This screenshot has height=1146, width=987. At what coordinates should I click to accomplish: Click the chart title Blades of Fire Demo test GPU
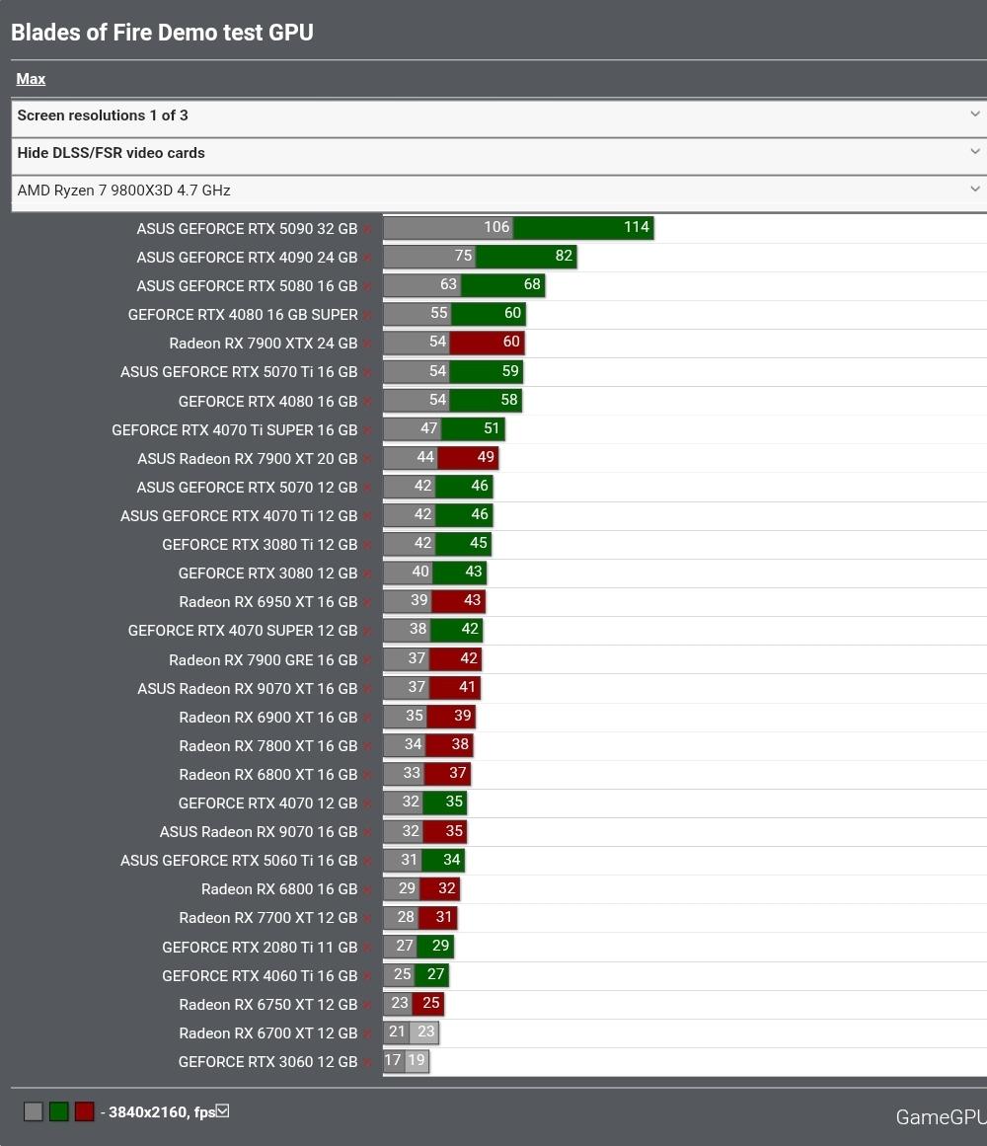pyautogui.click(x=162, y=33)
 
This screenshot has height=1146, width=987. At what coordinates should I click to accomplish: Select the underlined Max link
pyautogui.click(x=31, y=79)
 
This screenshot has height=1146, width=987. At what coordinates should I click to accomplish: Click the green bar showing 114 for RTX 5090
pyautogui.click(x=583, y=228)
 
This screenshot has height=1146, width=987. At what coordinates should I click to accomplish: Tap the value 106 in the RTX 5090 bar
pyautogui.click(x=496, y=228)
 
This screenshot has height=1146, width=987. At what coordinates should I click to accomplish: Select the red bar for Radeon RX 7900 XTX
pyautogui.click(x=488, y=343)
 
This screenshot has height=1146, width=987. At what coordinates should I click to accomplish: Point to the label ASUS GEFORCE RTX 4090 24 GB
pyautogui.click(x=247, y=258)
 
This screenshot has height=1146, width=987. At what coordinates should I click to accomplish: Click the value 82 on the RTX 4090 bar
pyautogui.click(x=564, y=257)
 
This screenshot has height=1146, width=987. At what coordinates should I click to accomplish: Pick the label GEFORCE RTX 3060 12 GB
pyautogui.click(x=267, y=1062)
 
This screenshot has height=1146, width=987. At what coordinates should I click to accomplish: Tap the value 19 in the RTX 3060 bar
pyautogui.click(x=417, y=1061)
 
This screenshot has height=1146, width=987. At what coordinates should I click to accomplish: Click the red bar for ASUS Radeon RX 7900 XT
pyautogui.click(x=468, y=458)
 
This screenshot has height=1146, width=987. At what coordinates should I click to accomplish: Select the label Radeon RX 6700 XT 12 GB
pyautogui.click(x=267, y=1033)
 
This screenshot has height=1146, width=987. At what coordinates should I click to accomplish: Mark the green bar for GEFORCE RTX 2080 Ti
pyautogui.click(x=435, y=947)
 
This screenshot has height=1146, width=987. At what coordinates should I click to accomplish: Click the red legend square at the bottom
pyautogui.click(x=84, y=1112)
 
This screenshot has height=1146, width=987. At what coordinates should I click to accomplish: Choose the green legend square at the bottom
pyautogui.click(x=58, y=1112)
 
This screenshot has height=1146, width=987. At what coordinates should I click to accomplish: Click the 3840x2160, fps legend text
pyautogui.click(x=162, y=1112)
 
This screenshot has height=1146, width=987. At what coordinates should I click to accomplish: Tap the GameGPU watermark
pyautogui.click(x=940, y=1117)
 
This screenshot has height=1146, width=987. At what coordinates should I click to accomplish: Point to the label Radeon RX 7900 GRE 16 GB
pyautogui.click(x=263, y=660)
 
